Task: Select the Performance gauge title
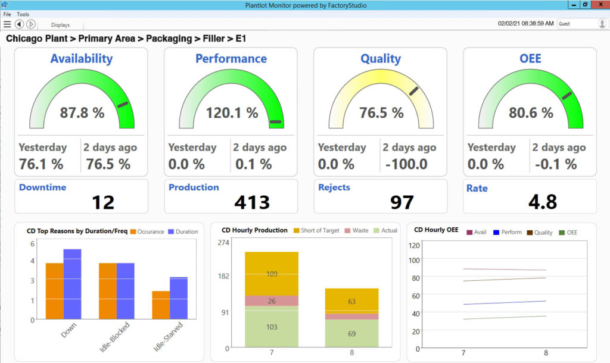[x=231, y=59]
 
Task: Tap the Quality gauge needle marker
[x=413, y=91]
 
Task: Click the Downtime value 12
[x=103, y=203]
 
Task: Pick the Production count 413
[x=253, y=203]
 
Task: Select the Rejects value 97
[x=402, y=203]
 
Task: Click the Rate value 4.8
[x=543, y=202]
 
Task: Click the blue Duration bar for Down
[x=72, y=284]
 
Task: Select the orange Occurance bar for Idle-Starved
[x=161, y=305]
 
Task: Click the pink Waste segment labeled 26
[x=272, y=301]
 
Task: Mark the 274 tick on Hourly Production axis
[x=224, y=243]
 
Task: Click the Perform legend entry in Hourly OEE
[x=508, y=233]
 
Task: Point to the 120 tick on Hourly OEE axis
[x=415, y=245]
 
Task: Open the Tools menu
[x=23, y=14]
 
